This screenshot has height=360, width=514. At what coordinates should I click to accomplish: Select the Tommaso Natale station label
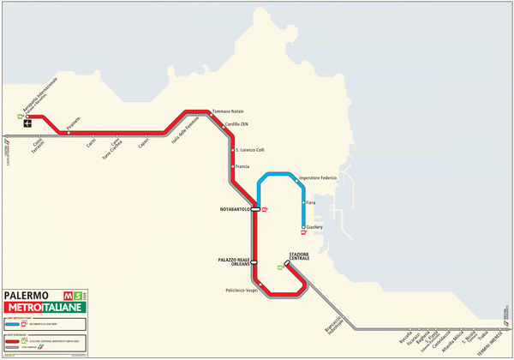(227, 111)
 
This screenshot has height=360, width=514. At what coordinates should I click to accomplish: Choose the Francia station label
(242, 166)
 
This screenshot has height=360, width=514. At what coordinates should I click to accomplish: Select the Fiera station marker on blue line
(302, 202)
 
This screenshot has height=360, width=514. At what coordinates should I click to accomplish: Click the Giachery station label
(314, 227)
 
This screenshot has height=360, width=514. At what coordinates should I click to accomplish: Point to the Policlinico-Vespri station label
(237, 291)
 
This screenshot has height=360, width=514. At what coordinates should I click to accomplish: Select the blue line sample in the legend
(18, 324)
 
